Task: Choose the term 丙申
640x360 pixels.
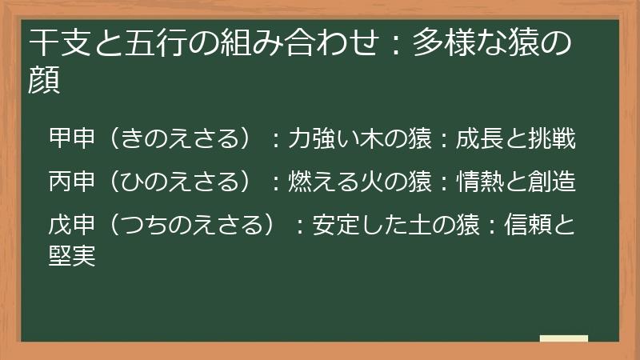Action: (x=72, y=182)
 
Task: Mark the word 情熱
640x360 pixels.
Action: (x=479, y=182)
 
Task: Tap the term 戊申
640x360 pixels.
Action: (x=72, y=226)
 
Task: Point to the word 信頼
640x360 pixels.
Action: (x=528, y=226)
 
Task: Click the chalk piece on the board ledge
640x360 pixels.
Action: (x=563, y=338)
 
